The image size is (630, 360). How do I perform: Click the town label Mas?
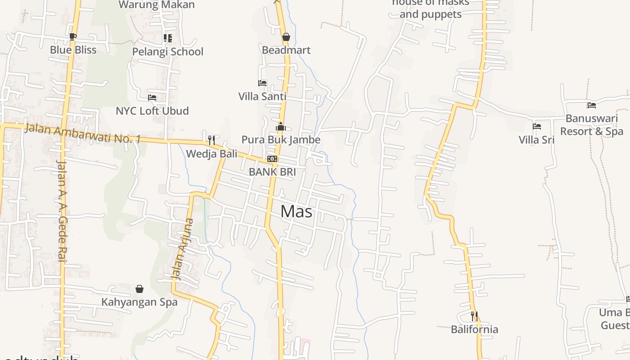(297, 211)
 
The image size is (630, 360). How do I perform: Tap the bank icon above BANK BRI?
(272, 159)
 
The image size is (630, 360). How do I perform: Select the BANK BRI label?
(272, 171)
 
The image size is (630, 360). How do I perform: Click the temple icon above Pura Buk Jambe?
(281, 126)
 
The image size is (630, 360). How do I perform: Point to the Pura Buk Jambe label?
(281, 139)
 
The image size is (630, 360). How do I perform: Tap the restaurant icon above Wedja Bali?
(211, 140)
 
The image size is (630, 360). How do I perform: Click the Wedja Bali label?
(211, 153)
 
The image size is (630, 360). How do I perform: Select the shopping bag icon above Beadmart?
(286, 37)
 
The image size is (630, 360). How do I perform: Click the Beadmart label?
(286, 50)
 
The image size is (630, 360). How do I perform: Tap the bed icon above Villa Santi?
(262, 83)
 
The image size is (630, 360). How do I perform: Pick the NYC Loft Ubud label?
(152, 111)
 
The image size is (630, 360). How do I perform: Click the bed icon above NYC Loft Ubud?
(152, 97)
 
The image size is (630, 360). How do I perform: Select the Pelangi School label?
(167, 52)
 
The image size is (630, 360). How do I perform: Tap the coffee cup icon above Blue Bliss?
(73, 36)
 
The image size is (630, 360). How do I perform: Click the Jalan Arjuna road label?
(182, 249)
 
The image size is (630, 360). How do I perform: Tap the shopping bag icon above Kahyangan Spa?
(139, 288)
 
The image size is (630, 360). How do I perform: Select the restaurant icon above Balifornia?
(474, 316)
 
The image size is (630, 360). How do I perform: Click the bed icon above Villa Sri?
(536, 126)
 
